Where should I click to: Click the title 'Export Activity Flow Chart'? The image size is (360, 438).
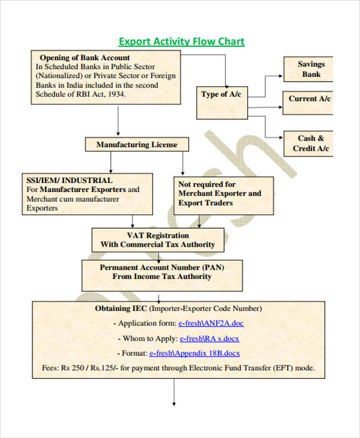point(181,41)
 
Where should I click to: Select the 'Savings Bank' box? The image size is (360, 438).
point(311,70)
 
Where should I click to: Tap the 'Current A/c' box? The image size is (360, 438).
point(310,99)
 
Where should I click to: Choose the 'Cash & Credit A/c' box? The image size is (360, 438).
point(311,143)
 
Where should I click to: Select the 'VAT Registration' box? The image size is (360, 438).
point(158,240)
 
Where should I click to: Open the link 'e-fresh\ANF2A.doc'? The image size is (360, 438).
point(211,323)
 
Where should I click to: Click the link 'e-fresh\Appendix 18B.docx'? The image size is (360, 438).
point(194,353)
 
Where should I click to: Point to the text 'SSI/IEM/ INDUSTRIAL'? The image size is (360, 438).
point(69,180)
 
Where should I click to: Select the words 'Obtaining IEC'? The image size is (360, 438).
point(121,308)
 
